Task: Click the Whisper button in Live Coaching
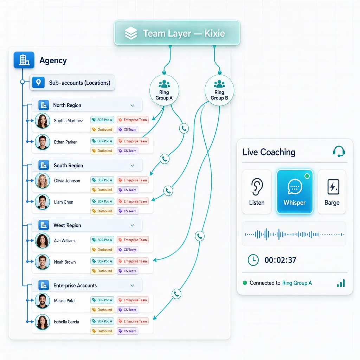[295, 192]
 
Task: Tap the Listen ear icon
[257, 187]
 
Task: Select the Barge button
[332, 192]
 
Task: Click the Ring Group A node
[164, 90]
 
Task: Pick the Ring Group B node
[219, 90]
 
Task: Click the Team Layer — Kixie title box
[177, 33]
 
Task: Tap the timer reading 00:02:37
[280, 260]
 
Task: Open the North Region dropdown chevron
[132, 105]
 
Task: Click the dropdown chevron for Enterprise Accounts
[132, 285]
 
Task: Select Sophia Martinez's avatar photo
[43, 121]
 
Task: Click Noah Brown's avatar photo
[43, 262]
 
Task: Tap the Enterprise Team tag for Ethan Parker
[133, 141]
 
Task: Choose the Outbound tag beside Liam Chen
[102, 211]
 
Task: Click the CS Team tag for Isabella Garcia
[127, 331]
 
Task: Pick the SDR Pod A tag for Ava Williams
[102, 240]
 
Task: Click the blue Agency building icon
[24, 60]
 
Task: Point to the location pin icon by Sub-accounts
[38, 82]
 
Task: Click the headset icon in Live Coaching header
[339, 151]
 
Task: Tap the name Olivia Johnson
[67, 181]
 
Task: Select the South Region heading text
[69, 166]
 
